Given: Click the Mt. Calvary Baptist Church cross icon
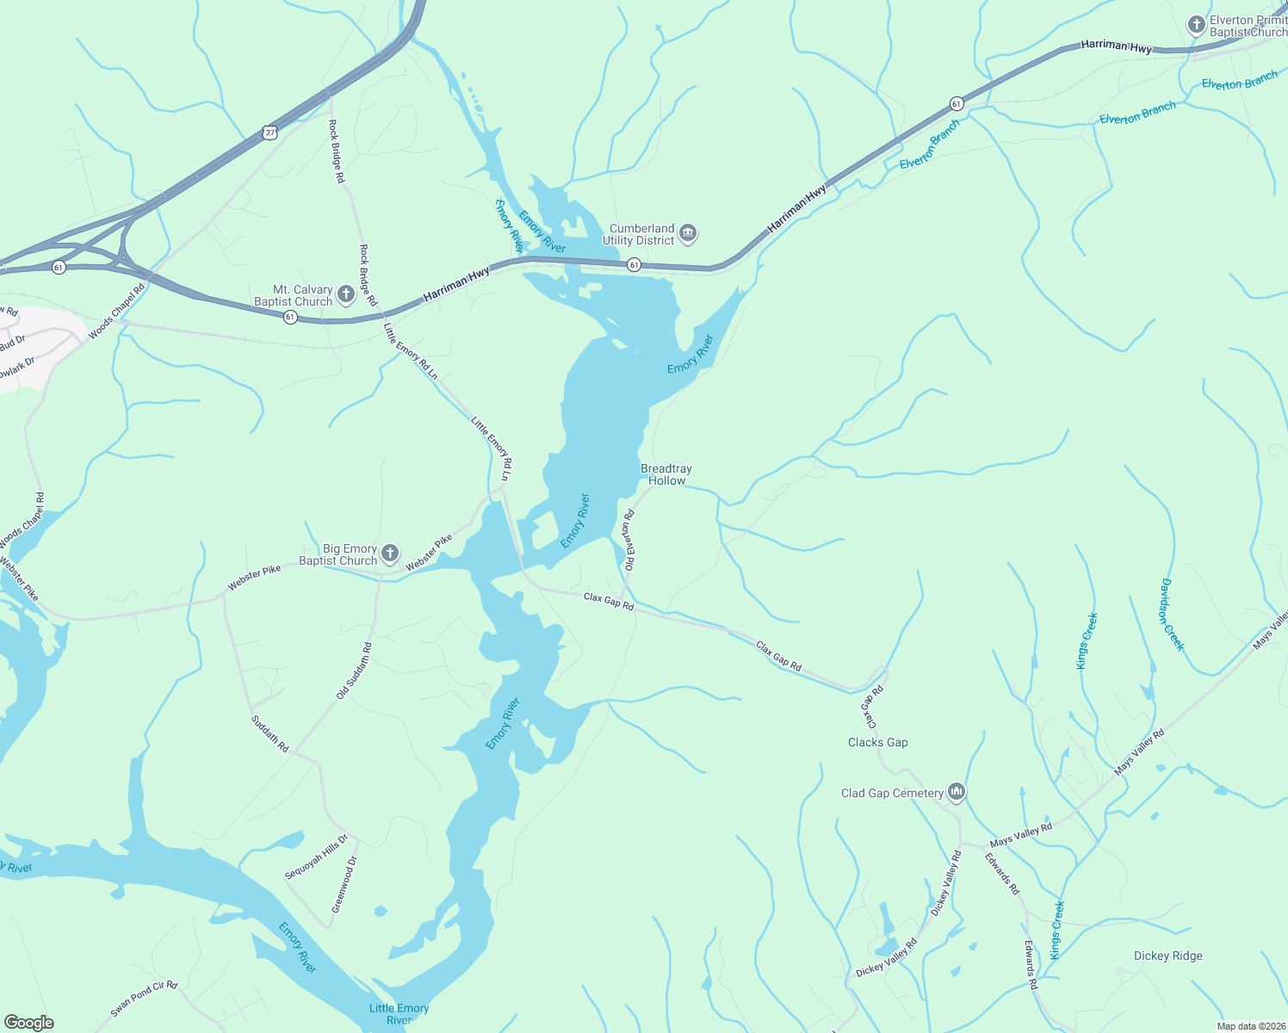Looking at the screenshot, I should tap(345, 295).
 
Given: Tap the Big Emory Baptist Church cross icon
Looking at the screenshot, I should tap(389, 554).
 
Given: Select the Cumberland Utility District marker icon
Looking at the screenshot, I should tap(687, 233).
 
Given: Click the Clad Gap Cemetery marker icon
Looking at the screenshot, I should tap(956, 792).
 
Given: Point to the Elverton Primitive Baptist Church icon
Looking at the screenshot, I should tap(1196, 25).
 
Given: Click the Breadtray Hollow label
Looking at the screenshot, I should tap(666, 474).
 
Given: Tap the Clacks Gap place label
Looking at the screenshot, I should tap(877, 742).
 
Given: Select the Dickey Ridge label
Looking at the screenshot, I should tap(1167, 956).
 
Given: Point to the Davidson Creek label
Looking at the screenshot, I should tap(1172, 615).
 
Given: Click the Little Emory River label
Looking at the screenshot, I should tap(399, 1013).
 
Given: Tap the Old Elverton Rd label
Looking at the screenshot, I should tap(629, 541).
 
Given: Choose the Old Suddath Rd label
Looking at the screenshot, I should tap(354, 671).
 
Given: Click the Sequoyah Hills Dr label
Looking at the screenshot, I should tap(316, 857).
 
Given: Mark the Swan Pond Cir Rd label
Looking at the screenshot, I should tap(144, 999).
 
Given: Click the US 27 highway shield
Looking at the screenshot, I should tap(270, 133).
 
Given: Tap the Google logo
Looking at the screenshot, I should tap(28, 1023).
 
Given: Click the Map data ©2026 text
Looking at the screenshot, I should tap(1250, 1025).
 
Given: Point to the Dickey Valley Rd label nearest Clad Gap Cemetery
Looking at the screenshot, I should tap(944, 883).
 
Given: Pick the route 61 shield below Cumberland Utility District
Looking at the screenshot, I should tap(634, 264).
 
